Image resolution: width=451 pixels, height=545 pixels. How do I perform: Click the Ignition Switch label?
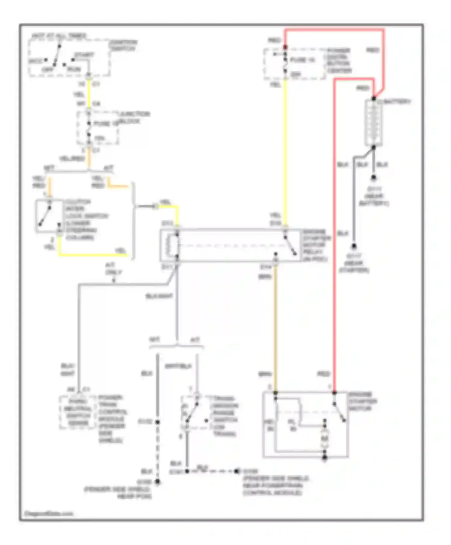tap(123, 45)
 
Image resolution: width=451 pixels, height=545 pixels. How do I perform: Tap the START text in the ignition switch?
tap(84, 55)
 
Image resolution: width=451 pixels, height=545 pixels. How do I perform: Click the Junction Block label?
tap(133, 117)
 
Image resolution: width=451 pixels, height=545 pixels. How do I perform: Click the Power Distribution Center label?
tap(339, 60)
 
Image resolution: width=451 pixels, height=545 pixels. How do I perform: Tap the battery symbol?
tap(373, 123)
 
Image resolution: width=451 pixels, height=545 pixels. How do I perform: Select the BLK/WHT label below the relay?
tap(159, 296)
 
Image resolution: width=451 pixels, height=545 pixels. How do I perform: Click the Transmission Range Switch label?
tap(225, 416)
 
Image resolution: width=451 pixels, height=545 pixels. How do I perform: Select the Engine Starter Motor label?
tap(362, 401)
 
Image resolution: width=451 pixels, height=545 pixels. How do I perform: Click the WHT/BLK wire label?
tap(178, 366)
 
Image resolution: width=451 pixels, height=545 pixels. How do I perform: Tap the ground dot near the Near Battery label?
tap(373, 178)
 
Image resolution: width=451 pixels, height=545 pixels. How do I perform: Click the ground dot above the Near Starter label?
tap(354, 246)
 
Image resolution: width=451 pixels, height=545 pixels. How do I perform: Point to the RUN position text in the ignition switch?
tap(74, 69)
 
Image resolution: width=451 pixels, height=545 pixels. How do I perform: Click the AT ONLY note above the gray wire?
tap(113, 269)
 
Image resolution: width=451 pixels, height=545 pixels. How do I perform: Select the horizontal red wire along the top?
tap(334, 30)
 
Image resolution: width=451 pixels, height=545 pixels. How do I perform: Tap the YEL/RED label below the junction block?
tap(72, 159)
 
